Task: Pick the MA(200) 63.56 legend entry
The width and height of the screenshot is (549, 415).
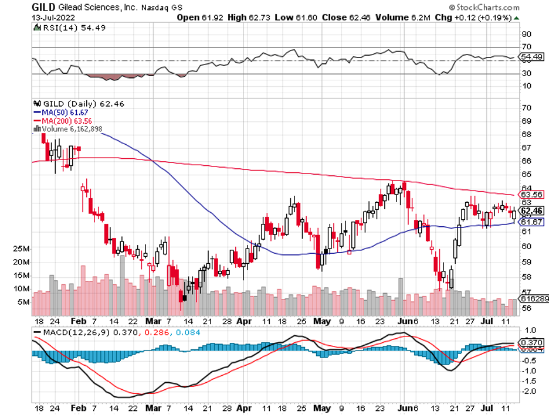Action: [60, 120]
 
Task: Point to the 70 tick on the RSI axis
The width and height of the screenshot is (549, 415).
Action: [527, 46]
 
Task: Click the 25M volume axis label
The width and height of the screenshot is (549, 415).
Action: [22, 249]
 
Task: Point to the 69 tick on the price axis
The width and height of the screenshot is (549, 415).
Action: [526, 120]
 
